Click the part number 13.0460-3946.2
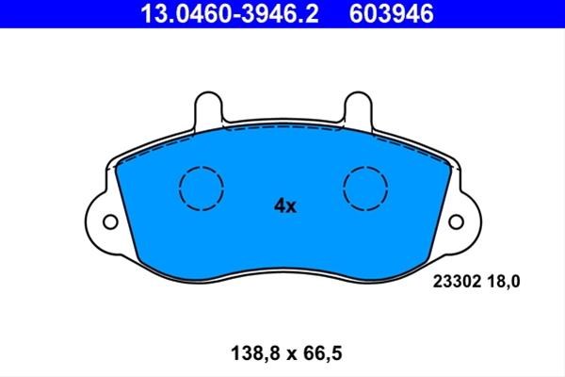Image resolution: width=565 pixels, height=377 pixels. point(230,14)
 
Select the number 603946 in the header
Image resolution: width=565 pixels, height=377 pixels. point(391,14)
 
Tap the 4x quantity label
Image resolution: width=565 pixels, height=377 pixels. point(285,206)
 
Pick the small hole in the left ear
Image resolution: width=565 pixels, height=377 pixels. point(110,221)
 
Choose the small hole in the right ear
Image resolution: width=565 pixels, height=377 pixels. point(456,221)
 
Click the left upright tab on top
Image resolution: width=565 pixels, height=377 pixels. point(208,108)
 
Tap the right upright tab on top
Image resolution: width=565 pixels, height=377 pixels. point(358,108)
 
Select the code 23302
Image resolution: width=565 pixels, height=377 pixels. point(457,282)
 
